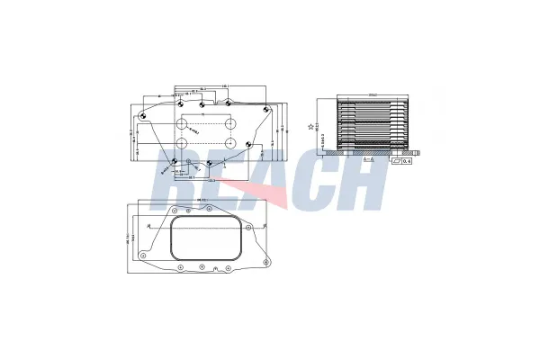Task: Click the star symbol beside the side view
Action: [x=311, y=127]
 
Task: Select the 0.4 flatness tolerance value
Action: [x=403, y=163]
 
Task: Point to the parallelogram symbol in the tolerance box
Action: [x=395, y=163]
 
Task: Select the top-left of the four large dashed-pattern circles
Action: [x=181, y=124]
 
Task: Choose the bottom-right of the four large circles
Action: [x=231, y=144]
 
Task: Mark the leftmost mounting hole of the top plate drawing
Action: [x=142, y=116]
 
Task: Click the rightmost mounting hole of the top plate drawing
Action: [x=266, y=108]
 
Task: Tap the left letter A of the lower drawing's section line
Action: [x=148, y=231]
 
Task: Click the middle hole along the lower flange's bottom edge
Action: [x=202, y=267]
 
